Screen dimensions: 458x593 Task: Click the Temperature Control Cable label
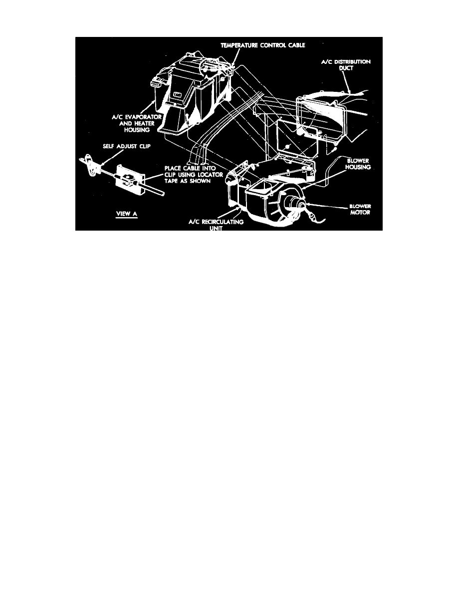point(263,45)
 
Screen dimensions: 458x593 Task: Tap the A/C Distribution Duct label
point(346,65)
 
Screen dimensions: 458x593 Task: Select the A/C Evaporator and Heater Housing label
point(137,123)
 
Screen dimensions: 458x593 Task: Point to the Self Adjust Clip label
point(127,146)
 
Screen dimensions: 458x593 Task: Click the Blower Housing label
point(358,164)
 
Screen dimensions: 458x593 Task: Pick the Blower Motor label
point(360,209)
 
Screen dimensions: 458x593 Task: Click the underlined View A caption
point(127,214)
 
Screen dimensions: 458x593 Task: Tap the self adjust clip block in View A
point(130,180)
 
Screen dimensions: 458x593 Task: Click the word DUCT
point(346,68)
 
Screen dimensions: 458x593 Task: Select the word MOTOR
point(360,213)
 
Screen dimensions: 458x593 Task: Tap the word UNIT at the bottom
point(216,228)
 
